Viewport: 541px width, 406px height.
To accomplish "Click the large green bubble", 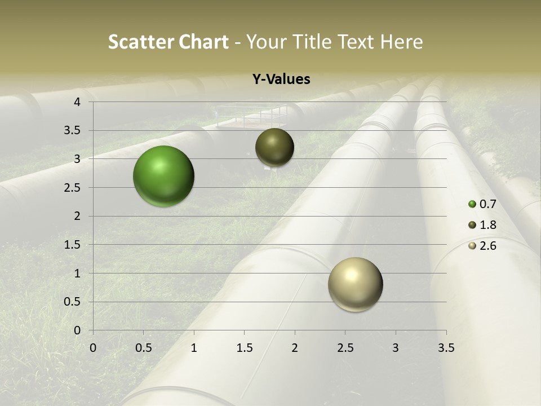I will (163, 176).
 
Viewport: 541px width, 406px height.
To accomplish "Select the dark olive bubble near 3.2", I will (274, 147).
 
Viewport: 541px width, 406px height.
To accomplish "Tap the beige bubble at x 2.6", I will (355, 284).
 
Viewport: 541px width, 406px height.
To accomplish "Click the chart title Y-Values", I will (281, 80).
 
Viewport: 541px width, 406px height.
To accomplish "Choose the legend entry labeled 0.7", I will (482, 204).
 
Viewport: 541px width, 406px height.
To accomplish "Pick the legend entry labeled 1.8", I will (482, 225).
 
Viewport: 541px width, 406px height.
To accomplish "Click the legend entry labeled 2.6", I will (482, 246).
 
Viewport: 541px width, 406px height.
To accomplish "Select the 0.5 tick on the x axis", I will (143, 348).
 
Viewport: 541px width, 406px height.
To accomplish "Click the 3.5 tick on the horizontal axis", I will (446, 348).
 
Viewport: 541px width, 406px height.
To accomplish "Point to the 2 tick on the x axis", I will (295, 348).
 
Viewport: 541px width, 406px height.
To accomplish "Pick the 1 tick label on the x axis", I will (194, 348).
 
